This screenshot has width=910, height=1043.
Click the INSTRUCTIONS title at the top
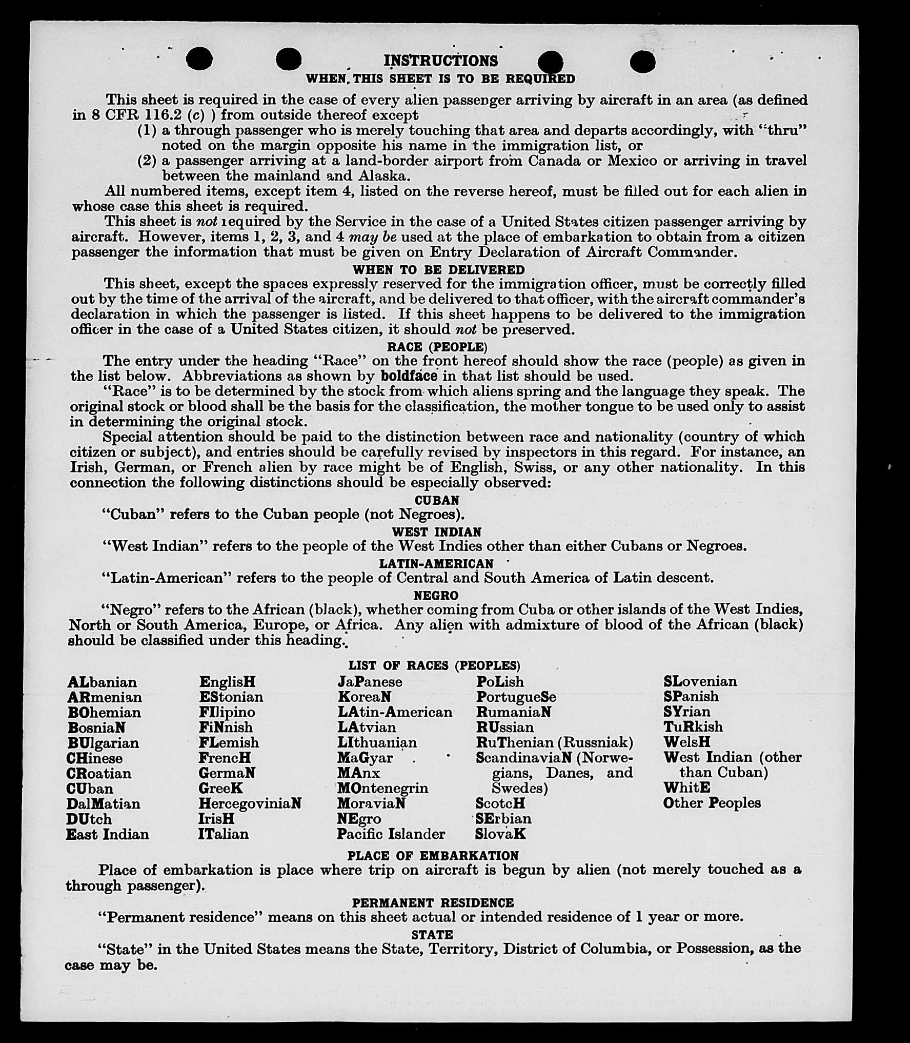tap(440, 61)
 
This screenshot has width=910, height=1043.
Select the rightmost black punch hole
tap(642, 62)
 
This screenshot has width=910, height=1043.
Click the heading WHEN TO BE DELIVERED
tap(438, 269)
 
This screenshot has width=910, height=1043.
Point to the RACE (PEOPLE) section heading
tap(437, 347)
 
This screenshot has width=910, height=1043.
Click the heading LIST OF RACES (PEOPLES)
tap(434, 665)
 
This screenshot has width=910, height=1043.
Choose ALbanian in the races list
tap(102, 682)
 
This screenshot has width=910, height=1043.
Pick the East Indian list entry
tap(107, 834)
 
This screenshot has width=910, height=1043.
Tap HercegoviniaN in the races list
tap(250, 803)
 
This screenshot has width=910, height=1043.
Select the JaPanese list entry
tap(370, 682)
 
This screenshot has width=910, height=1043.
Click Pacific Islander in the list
tap(391, 834)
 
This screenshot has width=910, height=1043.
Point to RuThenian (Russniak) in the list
tap(554, 742)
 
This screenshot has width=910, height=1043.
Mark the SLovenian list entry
tap(700, 681)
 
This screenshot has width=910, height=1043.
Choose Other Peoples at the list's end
tap(712, 803)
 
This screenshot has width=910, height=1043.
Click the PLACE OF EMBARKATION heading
tap(433, 856)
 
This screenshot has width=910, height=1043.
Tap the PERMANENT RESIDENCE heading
tap(433, 902)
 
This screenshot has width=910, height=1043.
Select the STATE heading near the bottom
tap(432, 935)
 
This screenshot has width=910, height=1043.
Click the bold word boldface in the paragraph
tap(409, 376)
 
